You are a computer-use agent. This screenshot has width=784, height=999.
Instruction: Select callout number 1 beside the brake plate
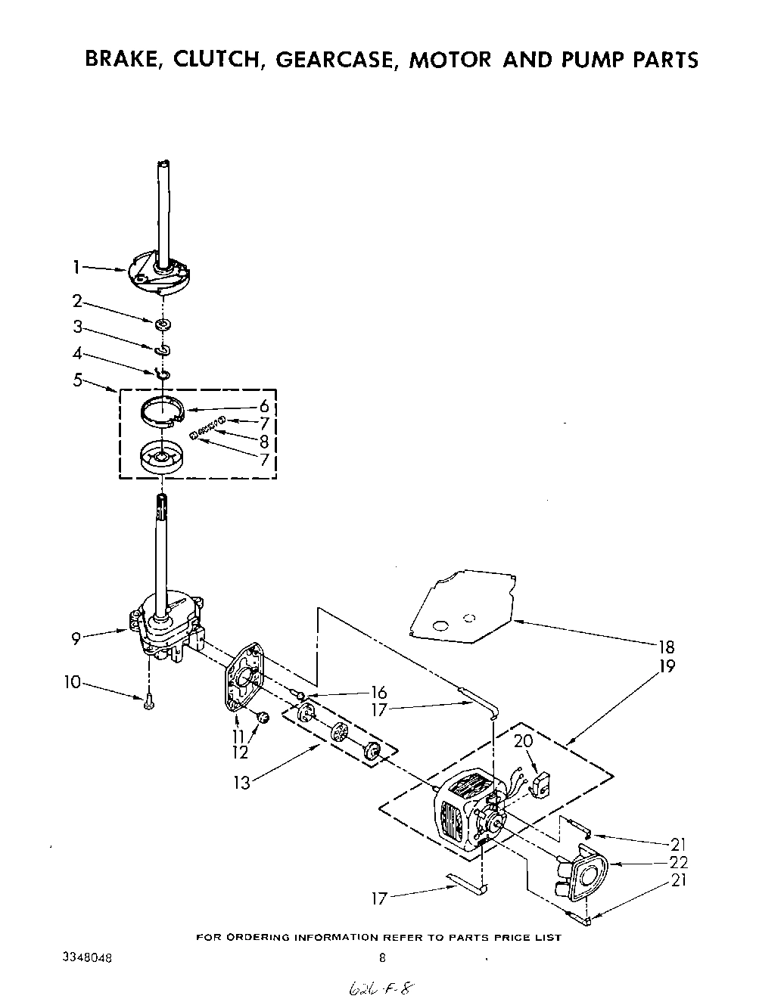pyautogui.click(x=76, y=265)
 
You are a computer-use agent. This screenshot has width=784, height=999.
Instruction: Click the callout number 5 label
pyautogui.click(x=77, y=380)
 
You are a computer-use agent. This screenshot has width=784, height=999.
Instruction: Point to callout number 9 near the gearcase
pyautogui.click(x=76, y=639)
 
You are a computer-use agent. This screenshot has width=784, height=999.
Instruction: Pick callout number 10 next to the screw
pyautogui.click(x=72, y=683)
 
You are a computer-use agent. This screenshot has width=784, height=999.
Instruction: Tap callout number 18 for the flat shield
pyautogui.click(x=666, y=647)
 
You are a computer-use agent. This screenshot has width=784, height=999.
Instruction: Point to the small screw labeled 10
pyautogui.click(x=149, y=703)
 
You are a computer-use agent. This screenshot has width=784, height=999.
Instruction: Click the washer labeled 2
pyautogui.click(x=162, y=324)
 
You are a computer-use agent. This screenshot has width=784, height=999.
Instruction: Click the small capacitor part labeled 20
pyautogui.click(x=542, y=786)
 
